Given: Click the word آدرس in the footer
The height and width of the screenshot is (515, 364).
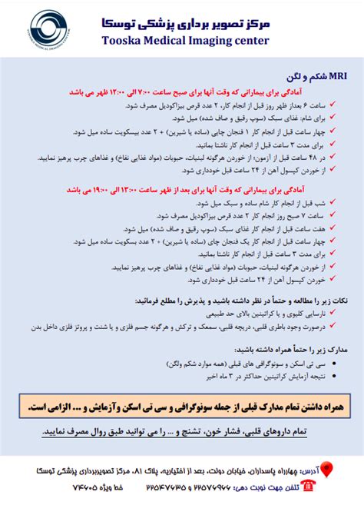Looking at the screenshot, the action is point(305,468).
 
